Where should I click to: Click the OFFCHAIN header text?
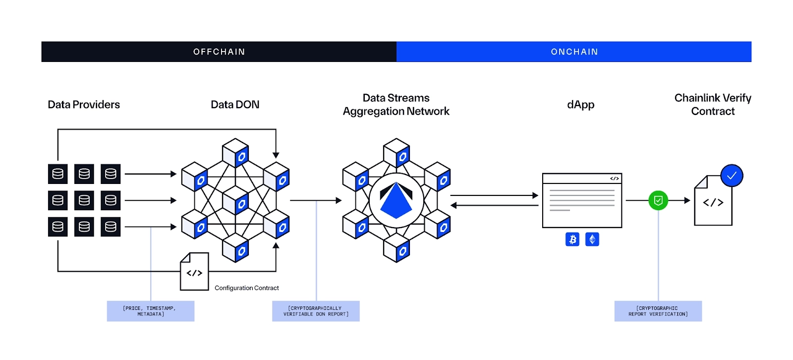219,52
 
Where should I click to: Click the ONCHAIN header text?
574,52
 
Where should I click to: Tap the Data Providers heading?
84,105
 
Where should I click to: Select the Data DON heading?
235,105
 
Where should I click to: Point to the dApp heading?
580,105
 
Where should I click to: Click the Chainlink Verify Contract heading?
713,105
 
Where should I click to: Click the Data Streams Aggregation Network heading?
396,105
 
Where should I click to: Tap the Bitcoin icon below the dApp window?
572,240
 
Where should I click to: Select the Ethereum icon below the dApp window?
592,240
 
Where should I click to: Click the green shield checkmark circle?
658,200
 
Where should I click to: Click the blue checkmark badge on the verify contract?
732,176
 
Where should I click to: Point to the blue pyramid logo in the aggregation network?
396,201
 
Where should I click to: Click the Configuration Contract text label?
246,288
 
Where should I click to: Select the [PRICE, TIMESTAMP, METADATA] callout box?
150,311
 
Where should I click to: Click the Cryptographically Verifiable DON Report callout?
316,311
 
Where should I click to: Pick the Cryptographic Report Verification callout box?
658,311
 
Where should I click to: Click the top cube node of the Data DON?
235,153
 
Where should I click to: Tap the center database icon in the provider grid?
84,200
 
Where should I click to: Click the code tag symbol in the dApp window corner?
614,179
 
